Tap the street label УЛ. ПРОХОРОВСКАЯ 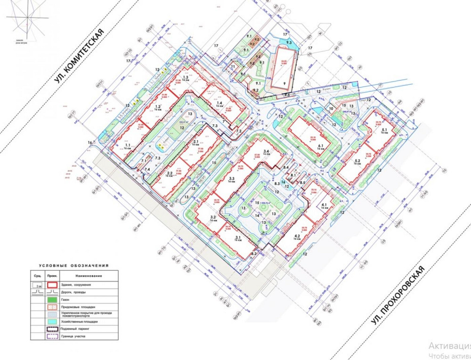pos(397,296)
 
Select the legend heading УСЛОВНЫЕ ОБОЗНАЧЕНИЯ pos(74,265)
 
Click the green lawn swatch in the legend pos(53,299)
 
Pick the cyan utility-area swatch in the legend pos(53,321)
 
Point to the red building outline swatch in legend pos(53,285)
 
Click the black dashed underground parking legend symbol pos(53,329)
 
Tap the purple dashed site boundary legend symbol pos(53,336)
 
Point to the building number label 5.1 pos(384,130)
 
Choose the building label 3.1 pos(237,238)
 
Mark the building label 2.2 pos(170,173)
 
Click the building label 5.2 pos(357,161)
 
